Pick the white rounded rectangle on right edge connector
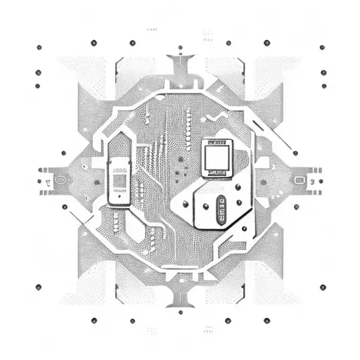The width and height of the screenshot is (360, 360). (x=300, y=180)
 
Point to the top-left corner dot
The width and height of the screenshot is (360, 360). (x=39, y=47)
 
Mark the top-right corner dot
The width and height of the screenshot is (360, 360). (x=323, y=47)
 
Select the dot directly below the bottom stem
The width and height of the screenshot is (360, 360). (x=181, y=311)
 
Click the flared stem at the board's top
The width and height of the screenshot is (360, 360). (x=180, y=70)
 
